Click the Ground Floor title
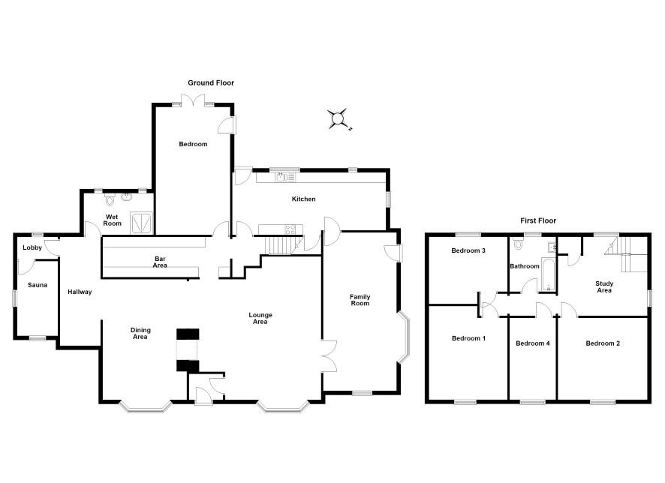click(211, 83)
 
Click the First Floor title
click(538, 220)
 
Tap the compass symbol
click(339, 119)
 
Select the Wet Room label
click(113, 220)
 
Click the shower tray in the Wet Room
click(142, 223)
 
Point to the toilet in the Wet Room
click(110, 199)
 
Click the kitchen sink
click(281, 177)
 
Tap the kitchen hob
click(290, 229)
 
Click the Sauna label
click(38, 285)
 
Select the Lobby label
click(32, 247)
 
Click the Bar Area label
click(160, 262)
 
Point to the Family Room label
click(360, 300)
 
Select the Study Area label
click(604, 286)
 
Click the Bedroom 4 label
click(533, 343)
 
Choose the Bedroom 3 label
click(468, 250)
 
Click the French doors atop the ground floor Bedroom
click(194, 100)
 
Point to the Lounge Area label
click(260, 318)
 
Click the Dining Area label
click(140, 334)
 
